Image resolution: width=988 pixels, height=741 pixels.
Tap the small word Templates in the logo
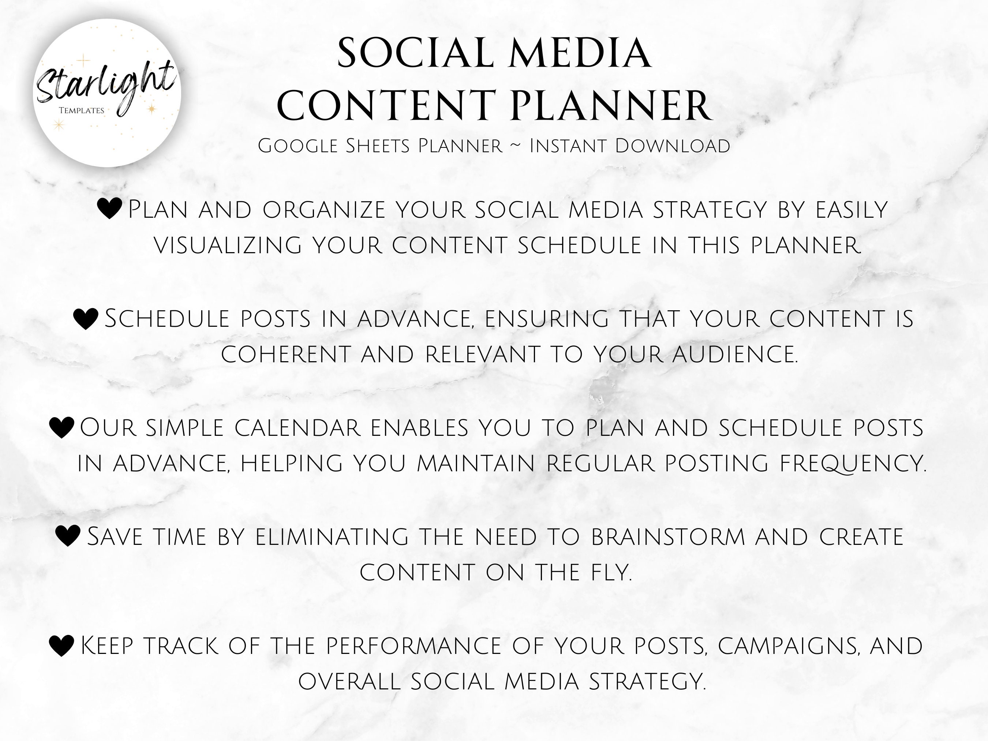coord(81,110)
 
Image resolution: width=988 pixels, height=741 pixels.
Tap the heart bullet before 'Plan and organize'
coord(109,208)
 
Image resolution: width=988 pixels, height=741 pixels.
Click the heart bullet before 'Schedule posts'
coord(85,318)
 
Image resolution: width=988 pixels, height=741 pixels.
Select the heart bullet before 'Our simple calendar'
coord(61,427)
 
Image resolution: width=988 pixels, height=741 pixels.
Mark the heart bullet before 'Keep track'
coord(61,646)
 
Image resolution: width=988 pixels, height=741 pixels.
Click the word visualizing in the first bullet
coord(228,245)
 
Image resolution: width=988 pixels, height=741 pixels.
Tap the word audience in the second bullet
coord(734,354)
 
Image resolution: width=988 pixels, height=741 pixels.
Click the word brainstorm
coord(668,536)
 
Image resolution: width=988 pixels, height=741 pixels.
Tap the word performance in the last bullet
coord(413,646)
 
